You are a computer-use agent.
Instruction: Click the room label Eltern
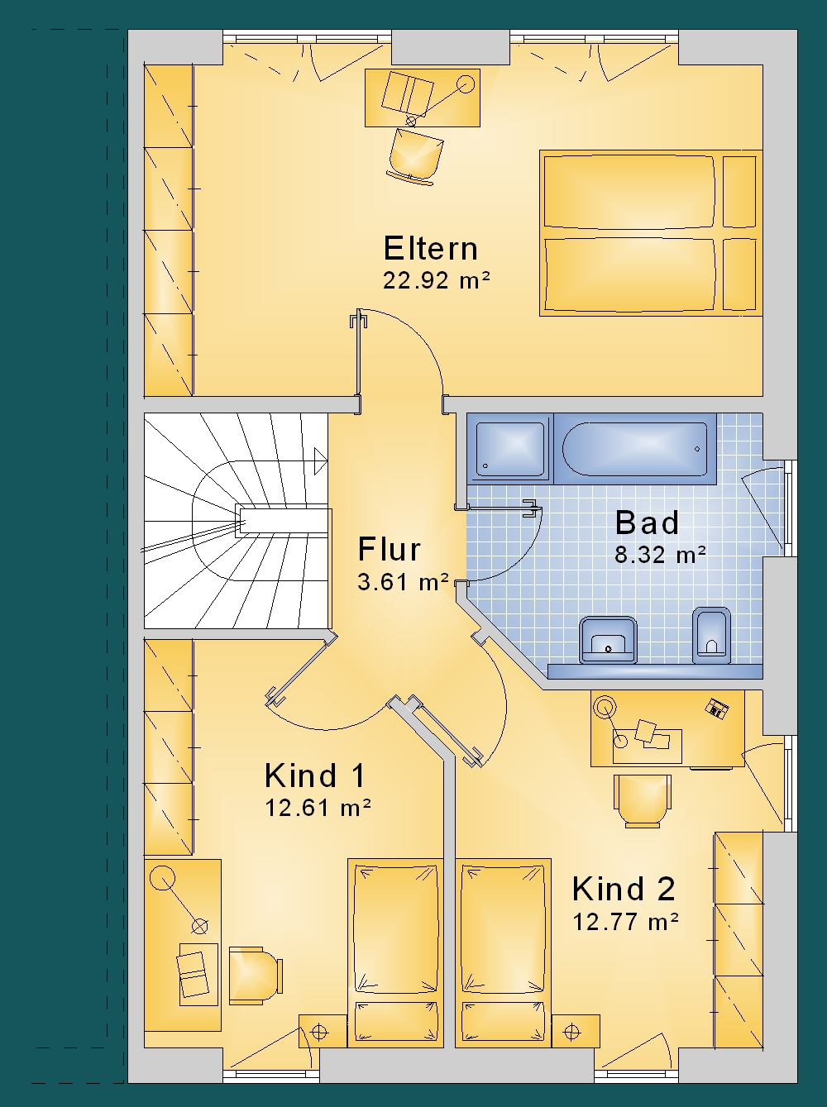click(x=430, y=248)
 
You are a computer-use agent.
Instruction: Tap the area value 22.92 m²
click(x=436, y=280)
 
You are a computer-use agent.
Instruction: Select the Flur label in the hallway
click(x=389, y=549)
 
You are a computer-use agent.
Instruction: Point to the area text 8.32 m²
click(x=660, y=555)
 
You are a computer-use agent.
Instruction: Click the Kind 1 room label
click(x=314, y=775)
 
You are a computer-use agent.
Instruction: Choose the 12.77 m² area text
click(x=625, y=923)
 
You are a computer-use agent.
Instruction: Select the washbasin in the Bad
click(x=608, y=640)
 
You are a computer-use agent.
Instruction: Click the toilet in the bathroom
click(x=711, y=636)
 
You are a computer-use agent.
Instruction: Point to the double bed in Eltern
click(x=651, y=233)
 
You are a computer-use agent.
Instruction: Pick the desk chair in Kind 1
click(x=256, y=976)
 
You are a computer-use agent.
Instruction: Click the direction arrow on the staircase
click(x=321, y=461)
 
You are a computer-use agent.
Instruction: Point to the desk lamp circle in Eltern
click(x=466, y=84)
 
